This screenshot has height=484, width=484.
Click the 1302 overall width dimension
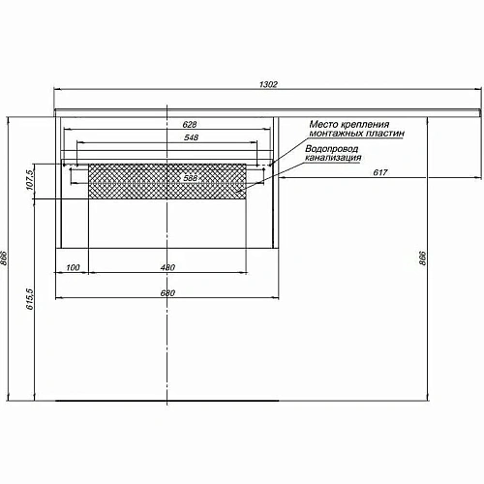pos(269,86)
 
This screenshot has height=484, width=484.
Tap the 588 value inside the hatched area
pos(190,178)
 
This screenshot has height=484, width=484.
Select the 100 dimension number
pos(73,267)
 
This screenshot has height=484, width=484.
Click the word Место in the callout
pos(325,125)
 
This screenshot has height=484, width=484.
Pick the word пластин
pos(386,135)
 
